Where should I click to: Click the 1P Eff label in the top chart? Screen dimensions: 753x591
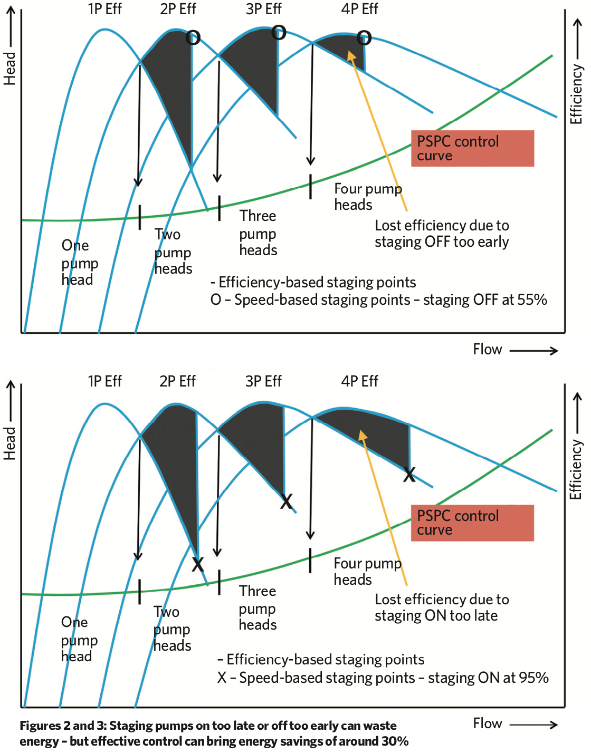[x=104, y=9]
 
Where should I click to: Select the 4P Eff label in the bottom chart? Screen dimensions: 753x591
[x=359, y=381]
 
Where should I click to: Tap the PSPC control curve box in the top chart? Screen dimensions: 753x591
[x=472, y=149]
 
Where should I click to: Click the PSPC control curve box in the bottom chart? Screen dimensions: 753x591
[x=472, y=523]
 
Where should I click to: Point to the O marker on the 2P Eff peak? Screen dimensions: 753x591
[x=193, y=38]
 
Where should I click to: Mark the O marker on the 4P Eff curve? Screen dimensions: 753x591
[x=364, y=37]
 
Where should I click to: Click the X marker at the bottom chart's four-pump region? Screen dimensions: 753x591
[x=409, y=475]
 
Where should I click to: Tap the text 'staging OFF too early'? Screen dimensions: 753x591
[x=442, y=242]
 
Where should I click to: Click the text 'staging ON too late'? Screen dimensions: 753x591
[x=436, y=616]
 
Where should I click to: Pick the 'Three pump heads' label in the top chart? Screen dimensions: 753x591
[x=258, y=233]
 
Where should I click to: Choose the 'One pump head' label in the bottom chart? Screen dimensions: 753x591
[x=79, y=639]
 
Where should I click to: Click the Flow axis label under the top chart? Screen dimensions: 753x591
[x=487, y=350]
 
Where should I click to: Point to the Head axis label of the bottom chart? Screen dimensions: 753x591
[x=9, y=443]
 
